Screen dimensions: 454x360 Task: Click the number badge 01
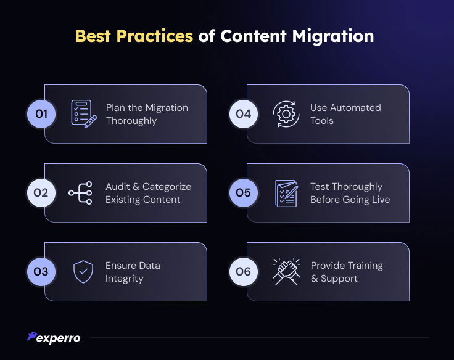pos(41,113)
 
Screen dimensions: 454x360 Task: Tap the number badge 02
pos(41,193)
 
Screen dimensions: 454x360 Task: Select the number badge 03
pos(41,272)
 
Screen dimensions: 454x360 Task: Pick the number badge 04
pos(243,113)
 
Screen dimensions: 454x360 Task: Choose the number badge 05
pos(243,193)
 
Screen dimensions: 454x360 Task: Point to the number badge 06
pos(243,272)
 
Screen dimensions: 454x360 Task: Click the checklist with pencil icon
pos(84,113)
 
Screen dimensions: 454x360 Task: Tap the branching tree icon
pos(80,193)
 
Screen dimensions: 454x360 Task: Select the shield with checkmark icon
pos(83,272)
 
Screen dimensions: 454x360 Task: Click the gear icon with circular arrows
pos(286,113)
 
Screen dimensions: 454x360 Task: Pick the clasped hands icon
pos(286,271)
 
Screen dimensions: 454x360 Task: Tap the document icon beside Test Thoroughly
pos(286,194)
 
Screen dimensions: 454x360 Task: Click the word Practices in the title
pos(155,36)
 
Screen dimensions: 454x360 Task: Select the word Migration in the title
pos(333,36)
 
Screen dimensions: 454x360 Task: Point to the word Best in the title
pos(93,36)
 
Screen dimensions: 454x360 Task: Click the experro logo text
pos(58,338)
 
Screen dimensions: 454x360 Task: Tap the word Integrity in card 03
pos(124,279)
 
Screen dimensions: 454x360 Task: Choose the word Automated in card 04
pos(355,108)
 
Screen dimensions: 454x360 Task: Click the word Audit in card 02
pos(117,187)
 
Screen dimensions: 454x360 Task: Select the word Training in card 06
pos(365,266)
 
